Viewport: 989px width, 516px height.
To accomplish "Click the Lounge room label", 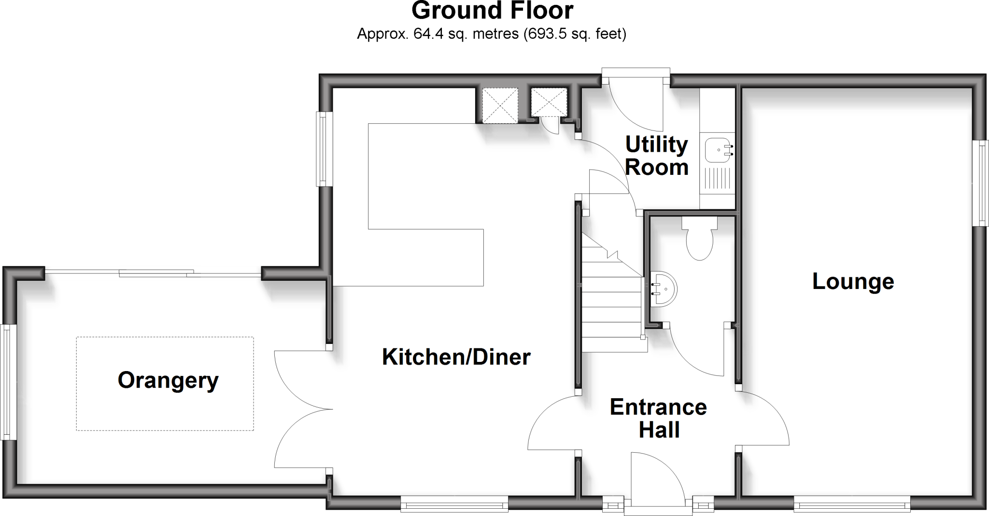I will (x=853, y=282).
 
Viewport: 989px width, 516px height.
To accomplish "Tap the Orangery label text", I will (x=168, y=381).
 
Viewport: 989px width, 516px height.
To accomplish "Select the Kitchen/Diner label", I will (x=456, y=357).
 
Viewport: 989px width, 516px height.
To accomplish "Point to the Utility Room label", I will (x=656, y=156).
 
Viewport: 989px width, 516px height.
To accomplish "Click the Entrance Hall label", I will (x=658, y=418).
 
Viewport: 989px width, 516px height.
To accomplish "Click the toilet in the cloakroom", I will (x=699, y=240).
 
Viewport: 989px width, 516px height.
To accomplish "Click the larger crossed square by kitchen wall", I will (x=500, y=105).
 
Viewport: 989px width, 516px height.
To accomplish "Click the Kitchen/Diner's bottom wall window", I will (x=454, y=505).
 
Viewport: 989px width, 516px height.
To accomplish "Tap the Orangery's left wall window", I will (x=7, y=382).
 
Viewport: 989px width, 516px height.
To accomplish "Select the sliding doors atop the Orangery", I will (x=153, y=272).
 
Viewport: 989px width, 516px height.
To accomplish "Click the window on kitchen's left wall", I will (x=324, y=149).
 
